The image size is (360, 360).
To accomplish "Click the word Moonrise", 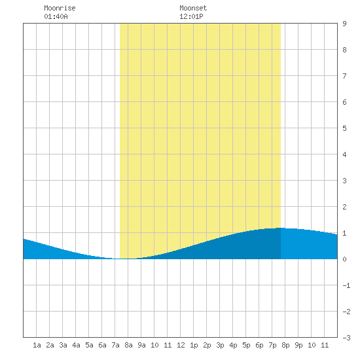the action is pyautogui.click(x=60, y=8).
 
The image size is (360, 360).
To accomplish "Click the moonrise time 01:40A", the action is pyautogui.click(x=56, y=16).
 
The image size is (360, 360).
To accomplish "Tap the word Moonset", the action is pyautogui.click(x=193, y=8).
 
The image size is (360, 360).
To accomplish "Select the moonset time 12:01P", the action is pyautogui.click(x=191, y=16).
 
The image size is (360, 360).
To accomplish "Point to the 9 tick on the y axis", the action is pyautogui.click(x=344, y=24).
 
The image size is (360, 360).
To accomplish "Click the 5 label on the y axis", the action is pyautogui.click(x=344, y=128).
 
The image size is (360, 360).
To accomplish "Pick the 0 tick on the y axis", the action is pyautogui.click(x=344, y=259).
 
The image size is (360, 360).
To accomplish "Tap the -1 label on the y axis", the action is pyautogui.click(x=346, y=285).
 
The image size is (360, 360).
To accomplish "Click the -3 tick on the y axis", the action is pyautogui.click(x=346, y=338).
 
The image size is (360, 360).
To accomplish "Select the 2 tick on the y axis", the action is pyautogui.click(x=344, y=207).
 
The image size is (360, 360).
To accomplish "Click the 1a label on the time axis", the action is pyautogui.click(x=37, y=345).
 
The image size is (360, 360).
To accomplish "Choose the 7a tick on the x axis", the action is pyautogui.click(x=115, y=345).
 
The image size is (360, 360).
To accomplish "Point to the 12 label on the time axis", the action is pyautogui.click(x=181, y=345).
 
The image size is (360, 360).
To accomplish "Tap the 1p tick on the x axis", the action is pyautogui.click(x=194, y=345).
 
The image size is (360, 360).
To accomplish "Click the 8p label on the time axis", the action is pyautogui.click(x=285, y=345).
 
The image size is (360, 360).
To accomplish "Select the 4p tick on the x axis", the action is pyautogui.click(x=233, y=345).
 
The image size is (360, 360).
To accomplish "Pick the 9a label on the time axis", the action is pyautogui.click(x=141, y=345).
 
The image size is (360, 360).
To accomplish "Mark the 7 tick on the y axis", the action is pyautogui.click(x=344, y=76).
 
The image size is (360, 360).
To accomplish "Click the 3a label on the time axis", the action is pyautogui.click(x=63, y=345).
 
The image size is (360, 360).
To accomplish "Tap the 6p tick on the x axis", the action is pyautogui.click(x=259, y=345).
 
